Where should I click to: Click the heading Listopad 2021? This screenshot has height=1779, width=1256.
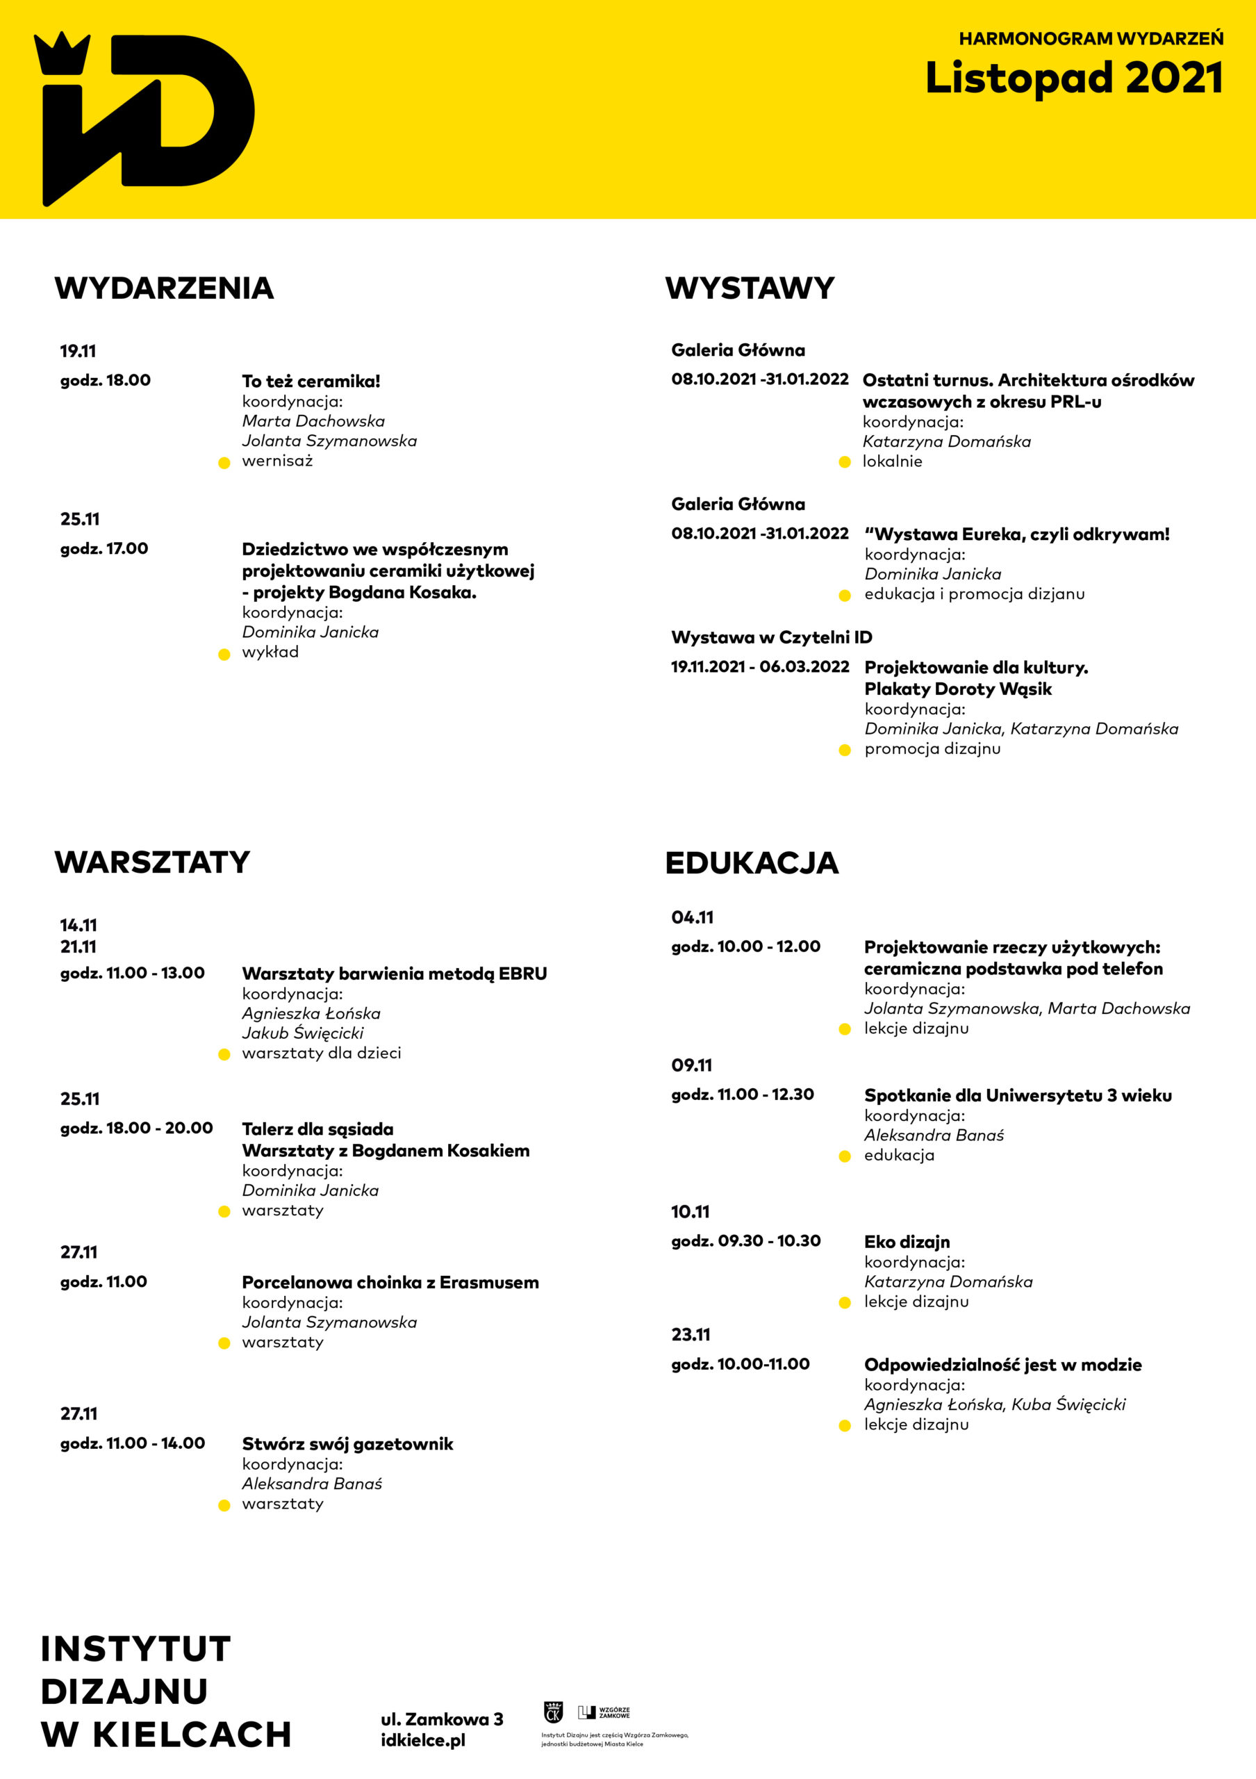[1074, 79]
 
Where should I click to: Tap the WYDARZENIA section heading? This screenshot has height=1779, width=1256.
[164, 288]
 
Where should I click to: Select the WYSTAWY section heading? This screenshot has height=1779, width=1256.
[750, 288]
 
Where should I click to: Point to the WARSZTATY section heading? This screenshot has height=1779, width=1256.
[153, 862]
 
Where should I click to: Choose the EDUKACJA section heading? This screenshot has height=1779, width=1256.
[751, 863]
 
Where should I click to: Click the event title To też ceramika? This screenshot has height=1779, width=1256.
[311, 382]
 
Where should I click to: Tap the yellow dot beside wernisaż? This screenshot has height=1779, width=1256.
[224, 464]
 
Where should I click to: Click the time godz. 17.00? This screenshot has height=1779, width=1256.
[104, 548]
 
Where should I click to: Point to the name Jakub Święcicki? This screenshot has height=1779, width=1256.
[303, 1033]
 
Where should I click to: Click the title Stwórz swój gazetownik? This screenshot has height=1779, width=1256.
[347, 1443]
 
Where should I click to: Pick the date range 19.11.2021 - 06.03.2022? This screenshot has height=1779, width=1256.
[759, 666]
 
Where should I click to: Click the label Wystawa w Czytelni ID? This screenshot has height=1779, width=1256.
[771, 637]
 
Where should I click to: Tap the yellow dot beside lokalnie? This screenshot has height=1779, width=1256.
[845, 463]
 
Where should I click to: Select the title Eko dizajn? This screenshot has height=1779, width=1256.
[907, 1241]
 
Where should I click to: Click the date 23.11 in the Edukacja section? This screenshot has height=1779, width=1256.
[691, 1334]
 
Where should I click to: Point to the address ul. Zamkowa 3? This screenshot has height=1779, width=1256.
[441, 1719]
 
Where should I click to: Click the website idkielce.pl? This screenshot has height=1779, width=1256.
[423, 1740]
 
